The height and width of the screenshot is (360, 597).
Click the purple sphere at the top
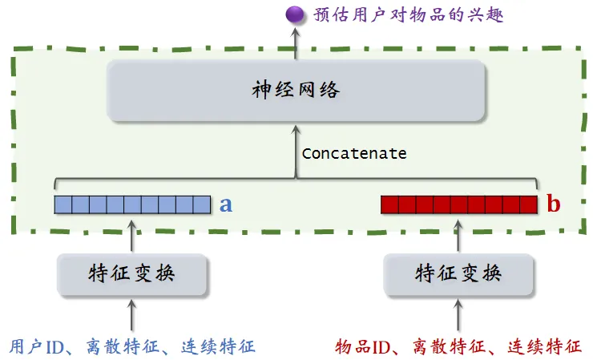[x=296, y=14]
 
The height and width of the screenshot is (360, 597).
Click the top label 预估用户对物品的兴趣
[x=409, y=14]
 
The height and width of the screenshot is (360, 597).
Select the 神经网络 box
[x=296, y=89]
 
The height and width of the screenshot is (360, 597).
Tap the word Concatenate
[x=353, y=153]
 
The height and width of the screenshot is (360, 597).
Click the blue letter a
[x=226, y=205]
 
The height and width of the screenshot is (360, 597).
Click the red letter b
[x=553, y=205]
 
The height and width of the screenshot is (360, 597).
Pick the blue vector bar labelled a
[x=132, y=204]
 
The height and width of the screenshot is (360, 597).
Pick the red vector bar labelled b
[x=459, y=204]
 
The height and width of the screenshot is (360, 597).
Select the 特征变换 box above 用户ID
[x=132, y=273]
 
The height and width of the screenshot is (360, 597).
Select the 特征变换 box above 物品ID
[x=458, y=273]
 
